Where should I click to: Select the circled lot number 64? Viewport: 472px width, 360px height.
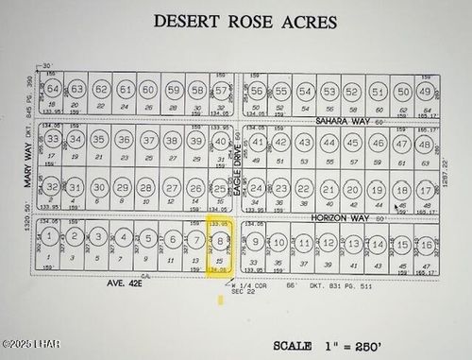tap(54, 91)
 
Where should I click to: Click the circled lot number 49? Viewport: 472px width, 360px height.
tap(425, 93)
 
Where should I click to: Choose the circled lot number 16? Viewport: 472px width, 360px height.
tap(427, 246)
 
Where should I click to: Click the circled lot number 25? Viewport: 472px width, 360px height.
tap(220, 189)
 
